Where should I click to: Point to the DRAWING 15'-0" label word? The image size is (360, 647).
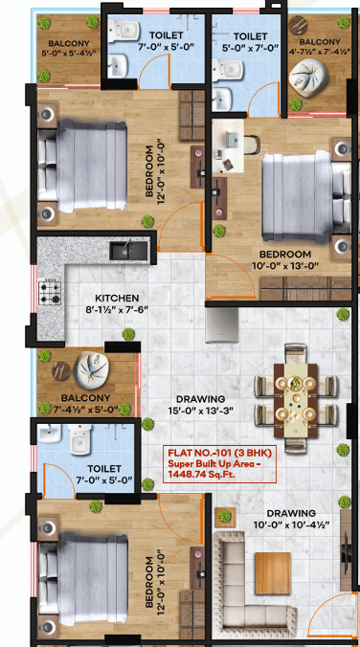pyautogui.click(x=200, y=399)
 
